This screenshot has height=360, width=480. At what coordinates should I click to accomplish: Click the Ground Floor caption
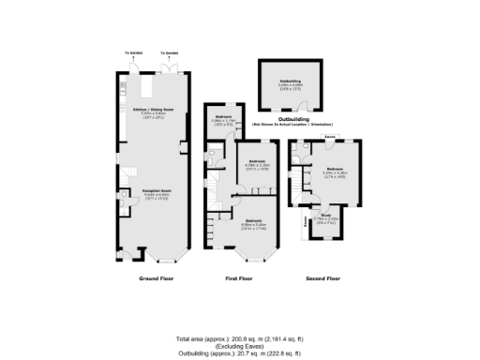click(x=157, y=278)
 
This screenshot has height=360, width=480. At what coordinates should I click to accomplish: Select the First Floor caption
click(x=239, y=278)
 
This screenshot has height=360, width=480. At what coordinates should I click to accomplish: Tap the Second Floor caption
click(x=323, y=278)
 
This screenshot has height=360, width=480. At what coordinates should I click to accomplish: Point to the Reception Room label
click(x=155, y=190)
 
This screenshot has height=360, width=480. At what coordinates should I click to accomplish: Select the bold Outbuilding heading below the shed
click(x=293, y=119)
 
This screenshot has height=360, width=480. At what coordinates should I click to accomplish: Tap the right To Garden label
click(x=168, y=53)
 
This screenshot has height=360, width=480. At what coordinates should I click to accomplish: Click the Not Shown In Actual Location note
click(x=293, y=125)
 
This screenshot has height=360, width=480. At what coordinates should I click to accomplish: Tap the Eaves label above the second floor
click(x=330, y=137)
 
